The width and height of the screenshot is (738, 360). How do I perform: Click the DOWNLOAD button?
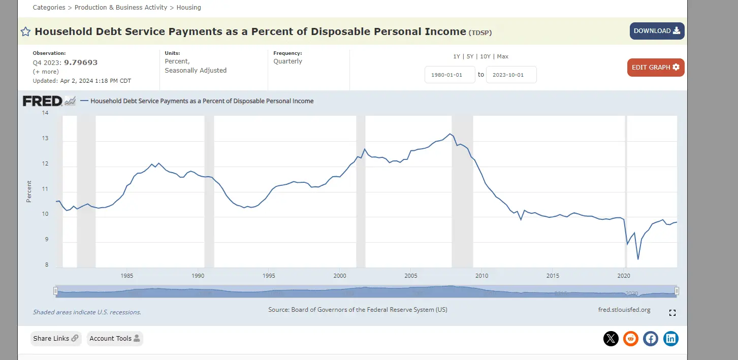[657, 31]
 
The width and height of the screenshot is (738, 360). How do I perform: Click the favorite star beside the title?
[25, 32]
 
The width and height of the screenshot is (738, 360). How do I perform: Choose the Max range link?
[502, 56]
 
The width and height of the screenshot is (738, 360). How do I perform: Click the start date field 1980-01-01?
[450, 75]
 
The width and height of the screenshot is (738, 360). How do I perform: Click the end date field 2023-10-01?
[511, 75]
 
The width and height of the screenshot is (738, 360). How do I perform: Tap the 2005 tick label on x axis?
[411, 276]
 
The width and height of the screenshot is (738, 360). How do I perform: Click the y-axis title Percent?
[29, 191]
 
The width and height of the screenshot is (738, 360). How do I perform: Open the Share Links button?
[56, 339]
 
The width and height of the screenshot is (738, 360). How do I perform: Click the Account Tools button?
[115, 339]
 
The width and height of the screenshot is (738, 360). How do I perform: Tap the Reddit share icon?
[631, 339]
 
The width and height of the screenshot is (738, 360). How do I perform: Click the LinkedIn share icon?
[671, 339]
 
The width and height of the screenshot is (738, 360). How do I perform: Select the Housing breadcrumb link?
[188, 8]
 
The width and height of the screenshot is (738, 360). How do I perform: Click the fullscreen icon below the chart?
[672, 313]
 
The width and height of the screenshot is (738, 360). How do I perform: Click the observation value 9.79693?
[80, 62]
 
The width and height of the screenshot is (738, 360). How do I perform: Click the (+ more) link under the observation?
[46, 72]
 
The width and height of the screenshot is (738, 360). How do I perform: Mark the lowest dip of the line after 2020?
[638, 259]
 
